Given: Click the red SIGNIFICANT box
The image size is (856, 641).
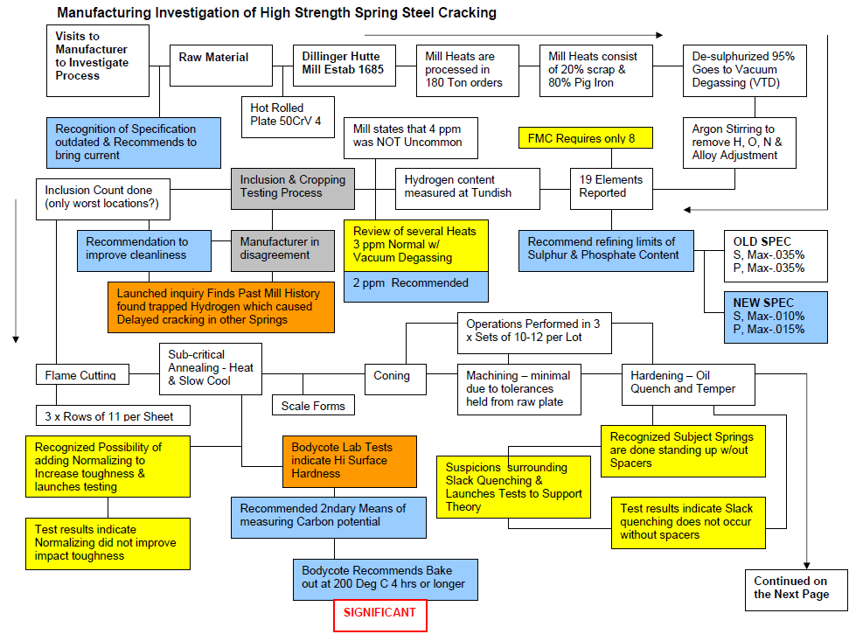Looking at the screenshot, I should [x=380, y=614].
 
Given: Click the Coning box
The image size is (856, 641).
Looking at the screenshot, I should [x=391, y=376].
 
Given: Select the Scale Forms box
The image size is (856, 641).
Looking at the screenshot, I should [x=313, y=406].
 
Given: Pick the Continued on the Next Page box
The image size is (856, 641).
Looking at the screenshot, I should [x=791, y=588].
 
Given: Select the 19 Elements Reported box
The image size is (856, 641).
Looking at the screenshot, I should [x=611, y=186].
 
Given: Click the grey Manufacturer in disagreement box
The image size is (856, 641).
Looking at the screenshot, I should [x=282, y=249].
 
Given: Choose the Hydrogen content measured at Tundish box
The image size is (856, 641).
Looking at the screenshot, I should [x=467, y=186].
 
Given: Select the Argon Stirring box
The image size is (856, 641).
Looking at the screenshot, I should [x=739, y=143].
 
